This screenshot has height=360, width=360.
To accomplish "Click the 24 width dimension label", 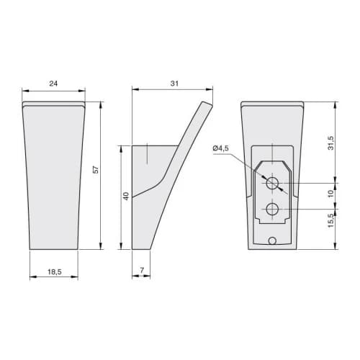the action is [53, 84].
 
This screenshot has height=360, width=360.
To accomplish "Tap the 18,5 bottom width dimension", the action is [55, 272].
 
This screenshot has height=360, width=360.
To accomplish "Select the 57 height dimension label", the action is [96, 170].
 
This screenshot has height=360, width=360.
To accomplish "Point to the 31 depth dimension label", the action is [174, 84].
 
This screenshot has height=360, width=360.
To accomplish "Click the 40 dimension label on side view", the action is [126, 196].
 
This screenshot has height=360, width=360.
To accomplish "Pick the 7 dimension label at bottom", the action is [142, 270].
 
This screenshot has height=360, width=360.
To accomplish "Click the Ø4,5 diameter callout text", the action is [221, 148].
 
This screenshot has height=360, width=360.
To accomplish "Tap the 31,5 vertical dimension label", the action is [331, 143].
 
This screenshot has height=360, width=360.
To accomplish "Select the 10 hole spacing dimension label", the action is [331, 194].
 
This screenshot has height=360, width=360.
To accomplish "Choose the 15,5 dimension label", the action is [331, 221].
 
